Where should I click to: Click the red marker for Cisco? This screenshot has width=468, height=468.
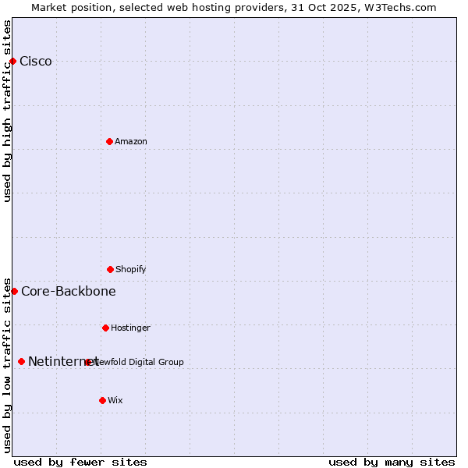point(12,61)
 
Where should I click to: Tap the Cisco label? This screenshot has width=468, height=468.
point(36,62)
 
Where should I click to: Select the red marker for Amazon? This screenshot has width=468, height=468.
point(109,141)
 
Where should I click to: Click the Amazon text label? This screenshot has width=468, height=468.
point(131,141)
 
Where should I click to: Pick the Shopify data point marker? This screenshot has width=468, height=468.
point(110,269)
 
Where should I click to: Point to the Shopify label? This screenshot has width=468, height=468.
point(131,269)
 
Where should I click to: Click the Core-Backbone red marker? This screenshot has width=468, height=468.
point(14,291)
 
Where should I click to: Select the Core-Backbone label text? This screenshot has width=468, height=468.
point(69,292)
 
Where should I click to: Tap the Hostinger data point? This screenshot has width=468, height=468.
point(105,328)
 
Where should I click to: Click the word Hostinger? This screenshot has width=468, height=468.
point(130,328)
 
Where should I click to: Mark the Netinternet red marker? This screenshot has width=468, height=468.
point(21,361)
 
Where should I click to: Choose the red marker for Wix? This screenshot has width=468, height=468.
point(102,400)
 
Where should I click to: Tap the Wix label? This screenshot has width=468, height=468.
point(115,400)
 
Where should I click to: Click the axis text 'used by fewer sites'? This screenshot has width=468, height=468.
point(80,462)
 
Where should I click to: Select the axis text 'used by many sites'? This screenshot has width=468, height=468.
point(392,462)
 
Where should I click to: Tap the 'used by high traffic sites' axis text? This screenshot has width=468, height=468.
point(7,111)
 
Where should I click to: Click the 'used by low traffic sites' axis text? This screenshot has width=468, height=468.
point(7,365)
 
